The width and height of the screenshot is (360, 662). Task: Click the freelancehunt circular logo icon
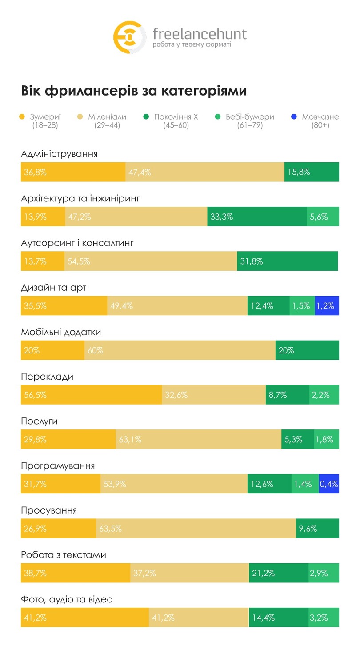tap(129, 37)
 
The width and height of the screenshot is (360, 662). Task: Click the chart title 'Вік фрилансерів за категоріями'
tap(133, 91)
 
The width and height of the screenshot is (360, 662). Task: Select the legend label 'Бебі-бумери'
tap(250, 117)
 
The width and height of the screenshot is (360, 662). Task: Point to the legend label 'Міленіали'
tap(107, 117)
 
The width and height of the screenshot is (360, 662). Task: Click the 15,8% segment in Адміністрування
tap(312, 172)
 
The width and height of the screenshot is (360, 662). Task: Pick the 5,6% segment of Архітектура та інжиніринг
tap(323, 217)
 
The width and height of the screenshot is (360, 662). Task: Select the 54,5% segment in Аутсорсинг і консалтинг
tap(151, 261)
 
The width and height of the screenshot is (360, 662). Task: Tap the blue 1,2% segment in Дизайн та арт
tap(327, 306)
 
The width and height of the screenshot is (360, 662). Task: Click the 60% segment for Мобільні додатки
tap(180, 350)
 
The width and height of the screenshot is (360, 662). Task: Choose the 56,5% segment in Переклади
tap(91, 395)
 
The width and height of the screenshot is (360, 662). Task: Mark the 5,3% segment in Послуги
tap(297, 439)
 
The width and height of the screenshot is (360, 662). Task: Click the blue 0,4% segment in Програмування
tap(329, 484)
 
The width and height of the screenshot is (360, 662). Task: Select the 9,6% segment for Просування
tap(317, 529)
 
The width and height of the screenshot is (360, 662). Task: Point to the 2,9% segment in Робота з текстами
tap(324, 573)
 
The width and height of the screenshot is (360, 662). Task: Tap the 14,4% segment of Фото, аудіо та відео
tap(279, 618)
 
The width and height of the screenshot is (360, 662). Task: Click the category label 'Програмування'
tap(58, 466)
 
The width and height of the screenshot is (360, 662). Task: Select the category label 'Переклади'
tap(47, 377)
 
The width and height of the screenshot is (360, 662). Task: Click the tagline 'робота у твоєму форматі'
tap(192, 44)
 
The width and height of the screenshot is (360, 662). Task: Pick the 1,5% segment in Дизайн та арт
tap(302, 306)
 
